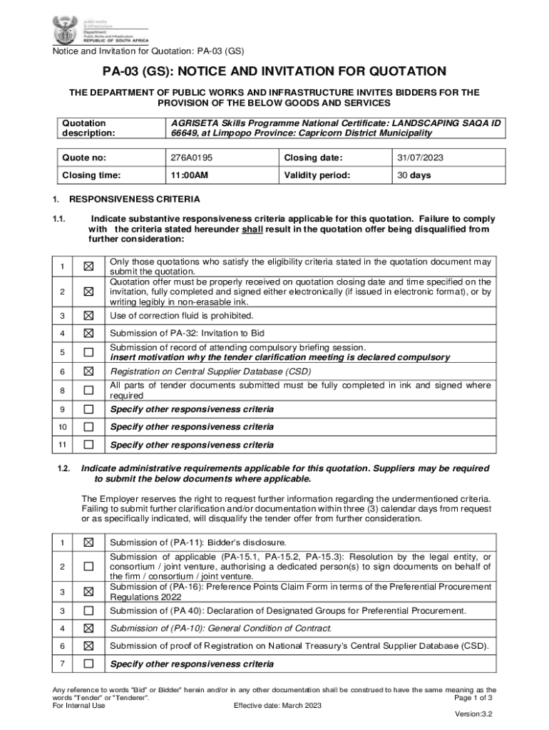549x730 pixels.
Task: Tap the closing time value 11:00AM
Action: [189, 175]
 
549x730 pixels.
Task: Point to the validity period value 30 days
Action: [414, 175]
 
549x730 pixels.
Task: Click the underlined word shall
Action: [252, 230]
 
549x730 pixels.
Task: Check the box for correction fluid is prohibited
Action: [88, 315]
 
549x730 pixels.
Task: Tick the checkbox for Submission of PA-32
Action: [88, 333]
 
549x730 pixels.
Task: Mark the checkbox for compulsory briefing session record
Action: [88, 352]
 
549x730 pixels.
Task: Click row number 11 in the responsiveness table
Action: [63, 445]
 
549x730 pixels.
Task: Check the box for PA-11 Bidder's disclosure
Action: [88, 543]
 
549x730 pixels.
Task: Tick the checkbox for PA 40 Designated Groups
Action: [88, 610]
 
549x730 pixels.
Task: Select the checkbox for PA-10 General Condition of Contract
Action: [88, 628]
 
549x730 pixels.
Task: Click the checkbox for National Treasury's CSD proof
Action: [88, 646]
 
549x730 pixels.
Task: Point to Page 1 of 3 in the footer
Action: [473, 698]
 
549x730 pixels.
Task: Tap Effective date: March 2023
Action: [277, 706]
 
